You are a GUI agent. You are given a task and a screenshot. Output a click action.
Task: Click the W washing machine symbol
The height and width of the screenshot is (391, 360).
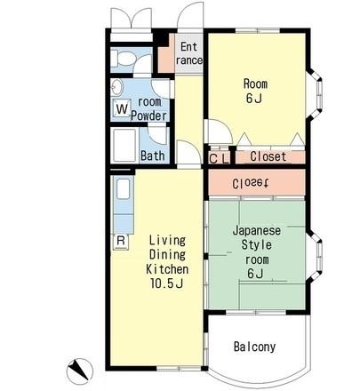point(122,108)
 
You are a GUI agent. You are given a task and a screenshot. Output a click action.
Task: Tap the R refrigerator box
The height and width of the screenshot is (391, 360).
point(121,241)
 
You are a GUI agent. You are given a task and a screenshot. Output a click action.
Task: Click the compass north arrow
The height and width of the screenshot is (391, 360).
point(78,370)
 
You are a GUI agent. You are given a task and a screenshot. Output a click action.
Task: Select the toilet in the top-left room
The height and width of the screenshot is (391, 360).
point(123,59)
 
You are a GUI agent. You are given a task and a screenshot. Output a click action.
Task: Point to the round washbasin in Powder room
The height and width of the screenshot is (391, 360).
point(116,87)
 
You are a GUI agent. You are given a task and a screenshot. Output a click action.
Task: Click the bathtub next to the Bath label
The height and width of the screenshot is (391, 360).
point(124,145)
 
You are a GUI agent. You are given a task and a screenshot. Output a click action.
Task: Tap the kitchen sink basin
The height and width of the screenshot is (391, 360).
point(123,188)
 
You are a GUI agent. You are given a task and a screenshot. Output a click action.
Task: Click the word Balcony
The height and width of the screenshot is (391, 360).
point(254,347)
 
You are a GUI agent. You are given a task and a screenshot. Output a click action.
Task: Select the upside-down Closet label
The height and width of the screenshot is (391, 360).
point(251,184)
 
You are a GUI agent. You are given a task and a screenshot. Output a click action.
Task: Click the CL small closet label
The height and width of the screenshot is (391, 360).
point(219,158)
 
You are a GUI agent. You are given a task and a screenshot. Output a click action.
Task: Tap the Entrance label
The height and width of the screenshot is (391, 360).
point(188,53)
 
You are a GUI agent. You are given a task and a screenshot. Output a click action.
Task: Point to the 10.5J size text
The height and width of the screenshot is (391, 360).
point(166,283)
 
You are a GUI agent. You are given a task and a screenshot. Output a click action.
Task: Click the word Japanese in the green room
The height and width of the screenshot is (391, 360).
point(257,230)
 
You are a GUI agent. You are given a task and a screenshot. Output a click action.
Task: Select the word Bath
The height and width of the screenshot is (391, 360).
point(153,156)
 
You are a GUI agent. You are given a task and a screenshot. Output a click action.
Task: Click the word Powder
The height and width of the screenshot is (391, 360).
point(148,116)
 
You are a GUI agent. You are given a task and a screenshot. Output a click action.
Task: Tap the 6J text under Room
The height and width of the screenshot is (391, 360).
point(254,99)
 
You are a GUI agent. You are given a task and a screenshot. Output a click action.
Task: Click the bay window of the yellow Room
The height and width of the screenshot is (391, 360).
point(316,95)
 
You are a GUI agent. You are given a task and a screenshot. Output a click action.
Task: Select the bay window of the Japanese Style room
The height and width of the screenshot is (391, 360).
point(316,256)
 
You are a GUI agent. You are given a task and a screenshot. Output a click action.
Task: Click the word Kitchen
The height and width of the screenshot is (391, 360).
point(167,269)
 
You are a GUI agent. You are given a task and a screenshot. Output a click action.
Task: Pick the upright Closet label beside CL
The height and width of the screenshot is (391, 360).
point(268,156)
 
